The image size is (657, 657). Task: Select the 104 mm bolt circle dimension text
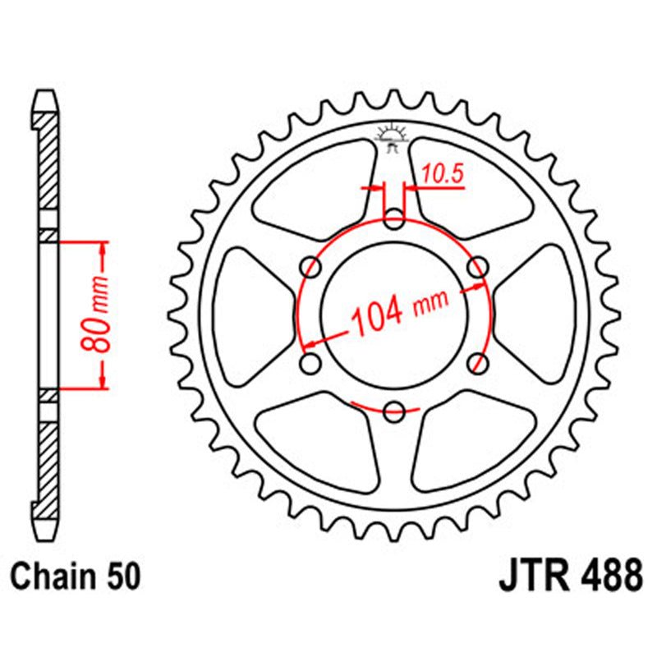pos(400,310)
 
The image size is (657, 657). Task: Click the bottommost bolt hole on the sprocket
pos(394,410)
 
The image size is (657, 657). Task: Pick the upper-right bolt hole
pos(477,266)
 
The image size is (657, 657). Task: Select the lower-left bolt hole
pos(311,362)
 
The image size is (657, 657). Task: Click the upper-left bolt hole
pos(311,266)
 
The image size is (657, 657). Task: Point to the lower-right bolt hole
pos(477,362)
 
